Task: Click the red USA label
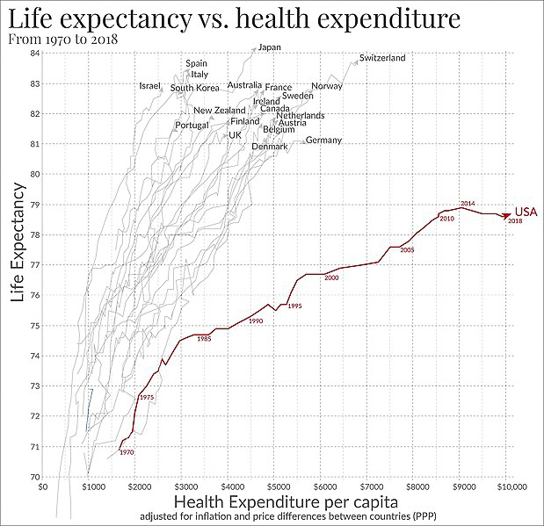click(526, 212)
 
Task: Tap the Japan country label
click(269, 47)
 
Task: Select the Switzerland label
click(382, 58)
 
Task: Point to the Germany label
click(323, 141)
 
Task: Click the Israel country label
click(150, 86)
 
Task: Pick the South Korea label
click(194, 88)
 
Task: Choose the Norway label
click(327, 86)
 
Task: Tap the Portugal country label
click(192, 125)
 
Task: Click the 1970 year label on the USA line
click(127, 452)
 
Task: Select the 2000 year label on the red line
click(331, 278)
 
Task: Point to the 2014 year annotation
click(468, 204)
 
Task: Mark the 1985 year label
click(204, 338)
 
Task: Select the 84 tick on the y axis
click(34, 53)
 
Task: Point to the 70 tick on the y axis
click(34, 477)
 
